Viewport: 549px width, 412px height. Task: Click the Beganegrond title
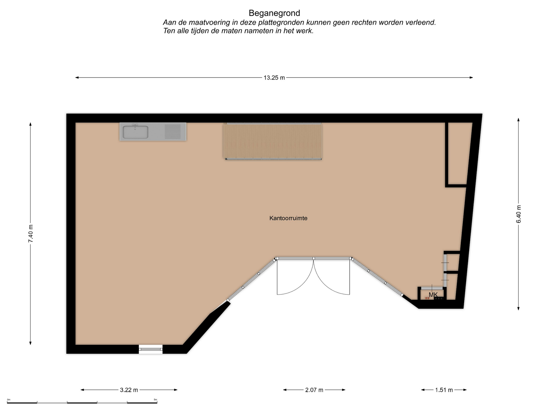point(274,13)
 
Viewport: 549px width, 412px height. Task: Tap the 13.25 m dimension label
point(274,78)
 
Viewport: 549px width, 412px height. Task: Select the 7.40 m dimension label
point(31,233)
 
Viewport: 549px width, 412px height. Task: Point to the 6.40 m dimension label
point(519,214)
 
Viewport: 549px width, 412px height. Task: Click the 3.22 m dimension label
point(129,390)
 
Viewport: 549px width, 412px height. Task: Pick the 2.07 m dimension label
point(314,390)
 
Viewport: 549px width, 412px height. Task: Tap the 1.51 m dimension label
point(444,390)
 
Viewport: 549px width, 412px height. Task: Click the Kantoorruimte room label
point(288,218)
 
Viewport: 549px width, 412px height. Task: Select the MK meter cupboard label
point(433,295)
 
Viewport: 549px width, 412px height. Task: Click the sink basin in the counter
point(136,132)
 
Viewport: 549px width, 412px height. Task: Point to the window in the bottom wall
point(151,349)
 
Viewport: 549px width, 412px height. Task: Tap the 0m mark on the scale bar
point(9,400)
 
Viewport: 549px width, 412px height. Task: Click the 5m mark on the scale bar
point(156,400)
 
